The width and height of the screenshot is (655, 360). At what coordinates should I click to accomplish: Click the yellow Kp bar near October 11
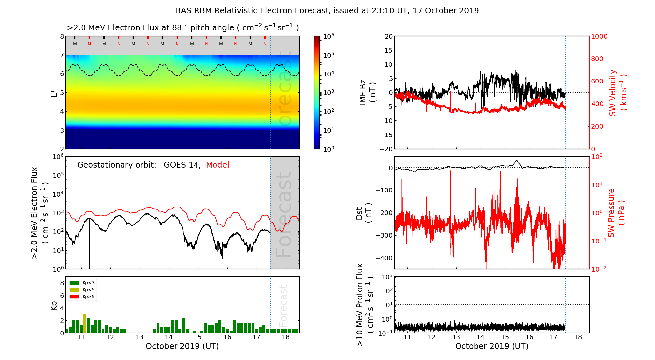tap(84, 323)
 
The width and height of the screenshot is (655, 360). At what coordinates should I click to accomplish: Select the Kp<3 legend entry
tap(82, 283)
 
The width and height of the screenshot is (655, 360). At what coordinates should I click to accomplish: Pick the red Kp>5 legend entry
tap(82, 297)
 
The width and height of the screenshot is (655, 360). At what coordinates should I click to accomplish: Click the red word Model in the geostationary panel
tap(217, 165)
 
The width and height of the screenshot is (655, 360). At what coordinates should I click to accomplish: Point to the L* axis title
tap(54, 93)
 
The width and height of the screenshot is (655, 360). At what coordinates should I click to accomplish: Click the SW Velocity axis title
tap(618, 93)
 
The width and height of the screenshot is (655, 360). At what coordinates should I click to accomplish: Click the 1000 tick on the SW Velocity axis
tap(599, 36)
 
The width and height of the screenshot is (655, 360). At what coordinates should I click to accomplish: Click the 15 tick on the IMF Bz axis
tap(389, 50)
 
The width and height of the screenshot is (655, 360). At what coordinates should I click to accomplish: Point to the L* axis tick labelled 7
tap(62, 55)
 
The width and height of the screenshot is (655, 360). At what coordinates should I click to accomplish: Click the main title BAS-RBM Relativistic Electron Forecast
tap(327, 11)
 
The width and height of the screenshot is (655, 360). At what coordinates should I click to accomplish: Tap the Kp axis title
tap(54, 305)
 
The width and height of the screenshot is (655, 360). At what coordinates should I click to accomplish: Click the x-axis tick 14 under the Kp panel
tap(169, 337)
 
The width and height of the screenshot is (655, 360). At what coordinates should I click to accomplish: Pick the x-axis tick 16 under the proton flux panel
tap(529, 337)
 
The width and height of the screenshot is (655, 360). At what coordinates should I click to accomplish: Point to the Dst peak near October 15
tap(517, 161)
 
